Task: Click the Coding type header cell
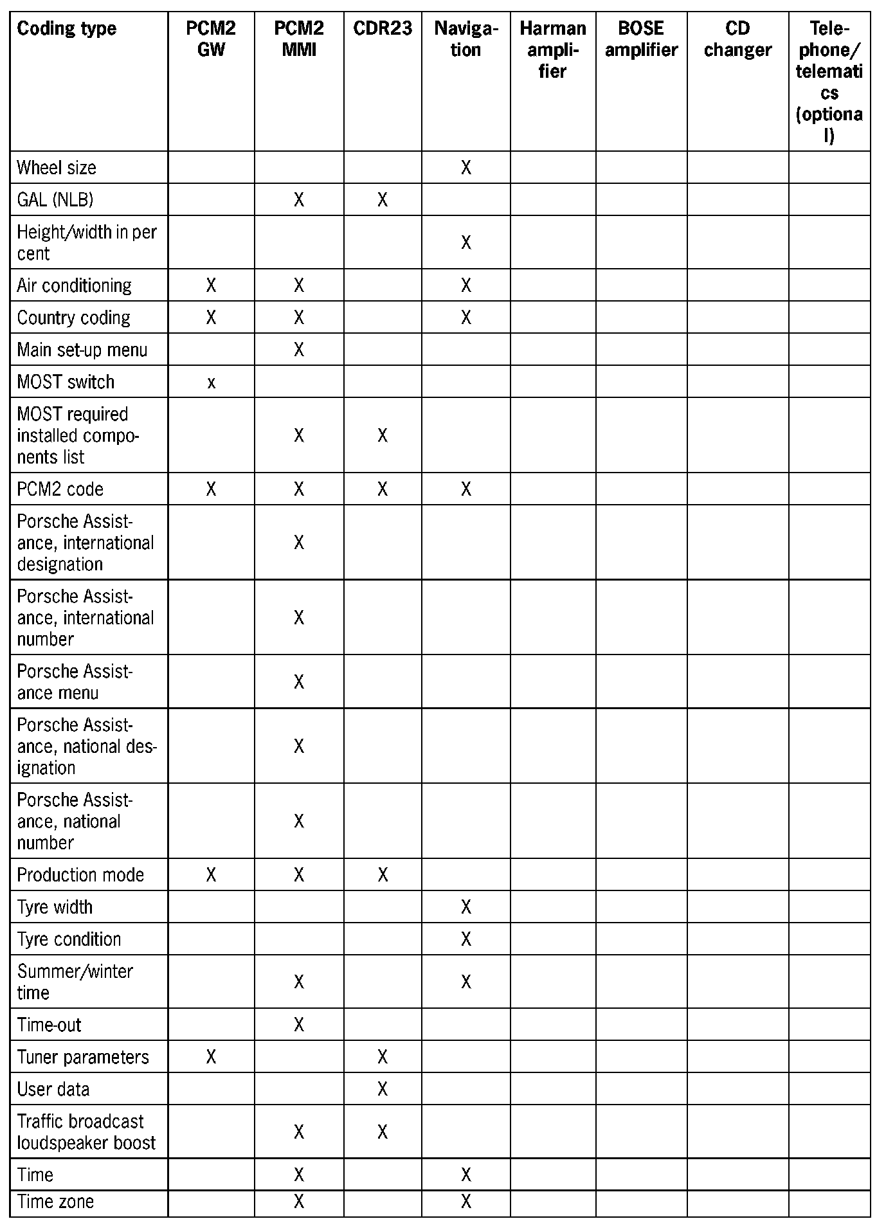pos(66,29)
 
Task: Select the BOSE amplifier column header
pos(641,39)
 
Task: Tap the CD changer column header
pos(737,39)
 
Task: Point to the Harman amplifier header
pos(552,50)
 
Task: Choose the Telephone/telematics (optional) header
pos(829,82)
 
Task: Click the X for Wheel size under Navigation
pos(466,168)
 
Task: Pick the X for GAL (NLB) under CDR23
pos(383,200)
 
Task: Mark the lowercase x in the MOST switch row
pos(211,383)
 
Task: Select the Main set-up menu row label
pos(82,350)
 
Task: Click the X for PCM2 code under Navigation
pos(466,489)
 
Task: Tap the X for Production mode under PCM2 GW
pos(211,875)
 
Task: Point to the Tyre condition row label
pos(69,939)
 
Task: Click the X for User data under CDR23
pos(383,1089)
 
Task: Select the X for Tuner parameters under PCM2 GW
pos(211,1057)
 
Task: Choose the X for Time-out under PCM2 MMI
pos(299,1025)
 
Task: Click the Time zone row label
pos(55,1202)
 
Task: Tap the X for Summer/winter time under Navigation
pos(466,982)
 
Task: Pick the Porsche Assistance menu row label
pos(75,682)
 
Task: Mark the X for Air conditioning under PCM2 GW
pos(211,285)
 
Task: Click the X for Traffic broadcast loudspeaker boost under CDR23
pos(383,1132)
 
